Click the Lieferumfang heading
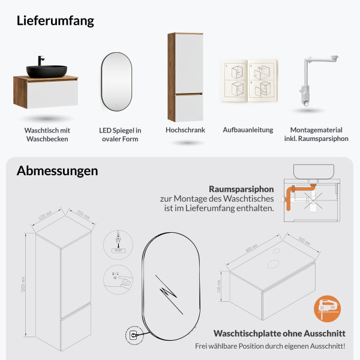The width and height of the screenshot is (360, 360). (x=55, y=21)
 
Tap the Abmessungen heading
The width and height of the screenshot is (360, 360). (x=57, y=171)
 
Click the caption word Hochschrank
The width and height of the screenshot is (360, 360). (x=185, y=130)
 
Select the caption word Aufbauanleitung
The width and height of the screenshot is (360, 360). (x=248, y=130)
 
